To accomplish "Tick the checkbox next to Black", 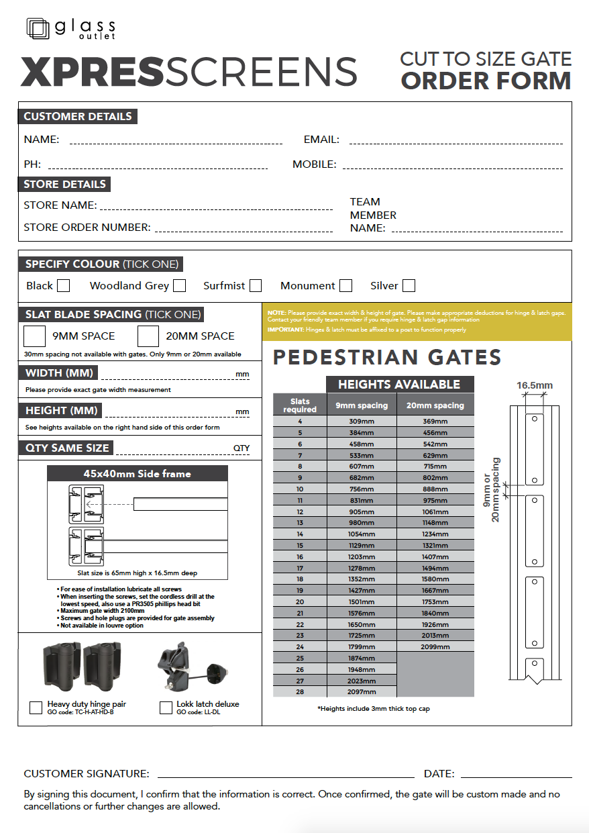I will [x=63, y=286].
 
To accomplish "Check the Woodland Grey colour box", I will [x=179, y=286].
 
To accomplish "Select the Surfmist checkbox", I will [x=256, y=286].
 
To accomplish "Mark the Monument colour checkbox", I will [x=345, y=286].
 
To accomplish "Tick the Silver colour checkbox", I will [x=409, y=286].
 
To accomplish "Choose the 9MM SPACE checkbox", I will [x=35, y=336].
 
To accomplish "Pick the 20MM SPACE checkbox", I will [x=148, y=336].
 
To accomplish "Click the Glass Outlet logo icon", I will [x=38, y=29].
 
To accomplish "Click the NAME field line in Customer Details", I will [x=176, y=142].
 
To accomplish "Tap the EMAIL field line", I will [x=456, y=142].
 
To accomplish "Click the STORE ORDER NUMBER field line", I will [x=244, y=230].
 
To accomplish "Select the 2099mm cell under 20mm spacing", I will [x=435, y=647].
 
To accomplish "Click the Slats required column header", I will [x=300, y=405].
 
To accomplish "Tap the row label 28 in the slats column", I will [x=300, y=692].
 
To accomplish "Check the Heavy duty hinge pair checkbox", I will [x=36, y=707].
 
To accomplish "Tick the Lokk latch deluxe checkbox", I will [x=166, y=707].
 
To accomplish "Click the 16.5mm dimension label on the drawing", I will [x=535, y=385].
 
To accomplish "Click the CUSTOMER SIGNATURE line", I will [x=286, y=775].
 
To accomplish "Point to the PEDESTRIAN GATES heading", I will [x=387, y=358].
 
